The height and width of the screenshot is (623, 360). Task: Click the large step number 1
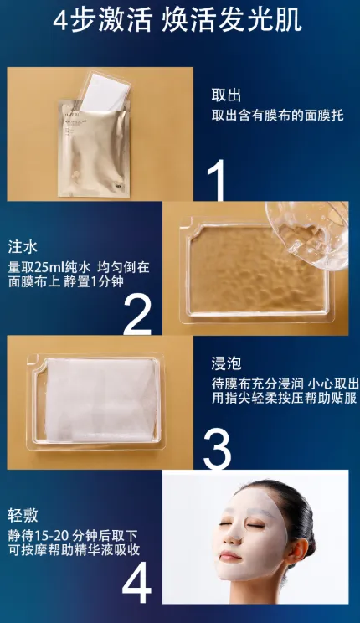coord(217,179)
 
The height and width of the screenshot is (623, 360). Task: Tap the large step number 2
coord(137,314)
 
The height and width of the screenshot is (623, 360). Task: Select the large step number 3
coord(217,449)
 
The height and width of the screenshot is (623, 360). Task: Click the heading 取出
coord(226,95)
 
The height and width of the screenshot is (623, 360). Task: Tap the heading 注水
coord(23,247)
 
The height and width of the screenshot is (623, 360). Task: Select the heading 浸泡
coord(226,363)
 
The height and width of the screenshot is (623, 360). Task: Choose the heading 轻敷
coord(23,515)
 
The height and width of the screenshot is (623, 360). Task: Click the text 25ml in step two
coord(49,267)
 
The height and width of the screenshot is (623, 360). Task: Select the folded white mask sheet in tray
coord(100,400)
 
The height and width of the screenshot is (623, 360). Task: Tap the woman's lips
coord(230,555)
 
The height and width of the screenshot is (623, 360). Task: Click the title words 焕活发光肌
coord(232,20)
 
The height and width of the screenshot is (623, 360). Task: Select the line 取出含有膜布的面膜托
coord(277,116)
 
